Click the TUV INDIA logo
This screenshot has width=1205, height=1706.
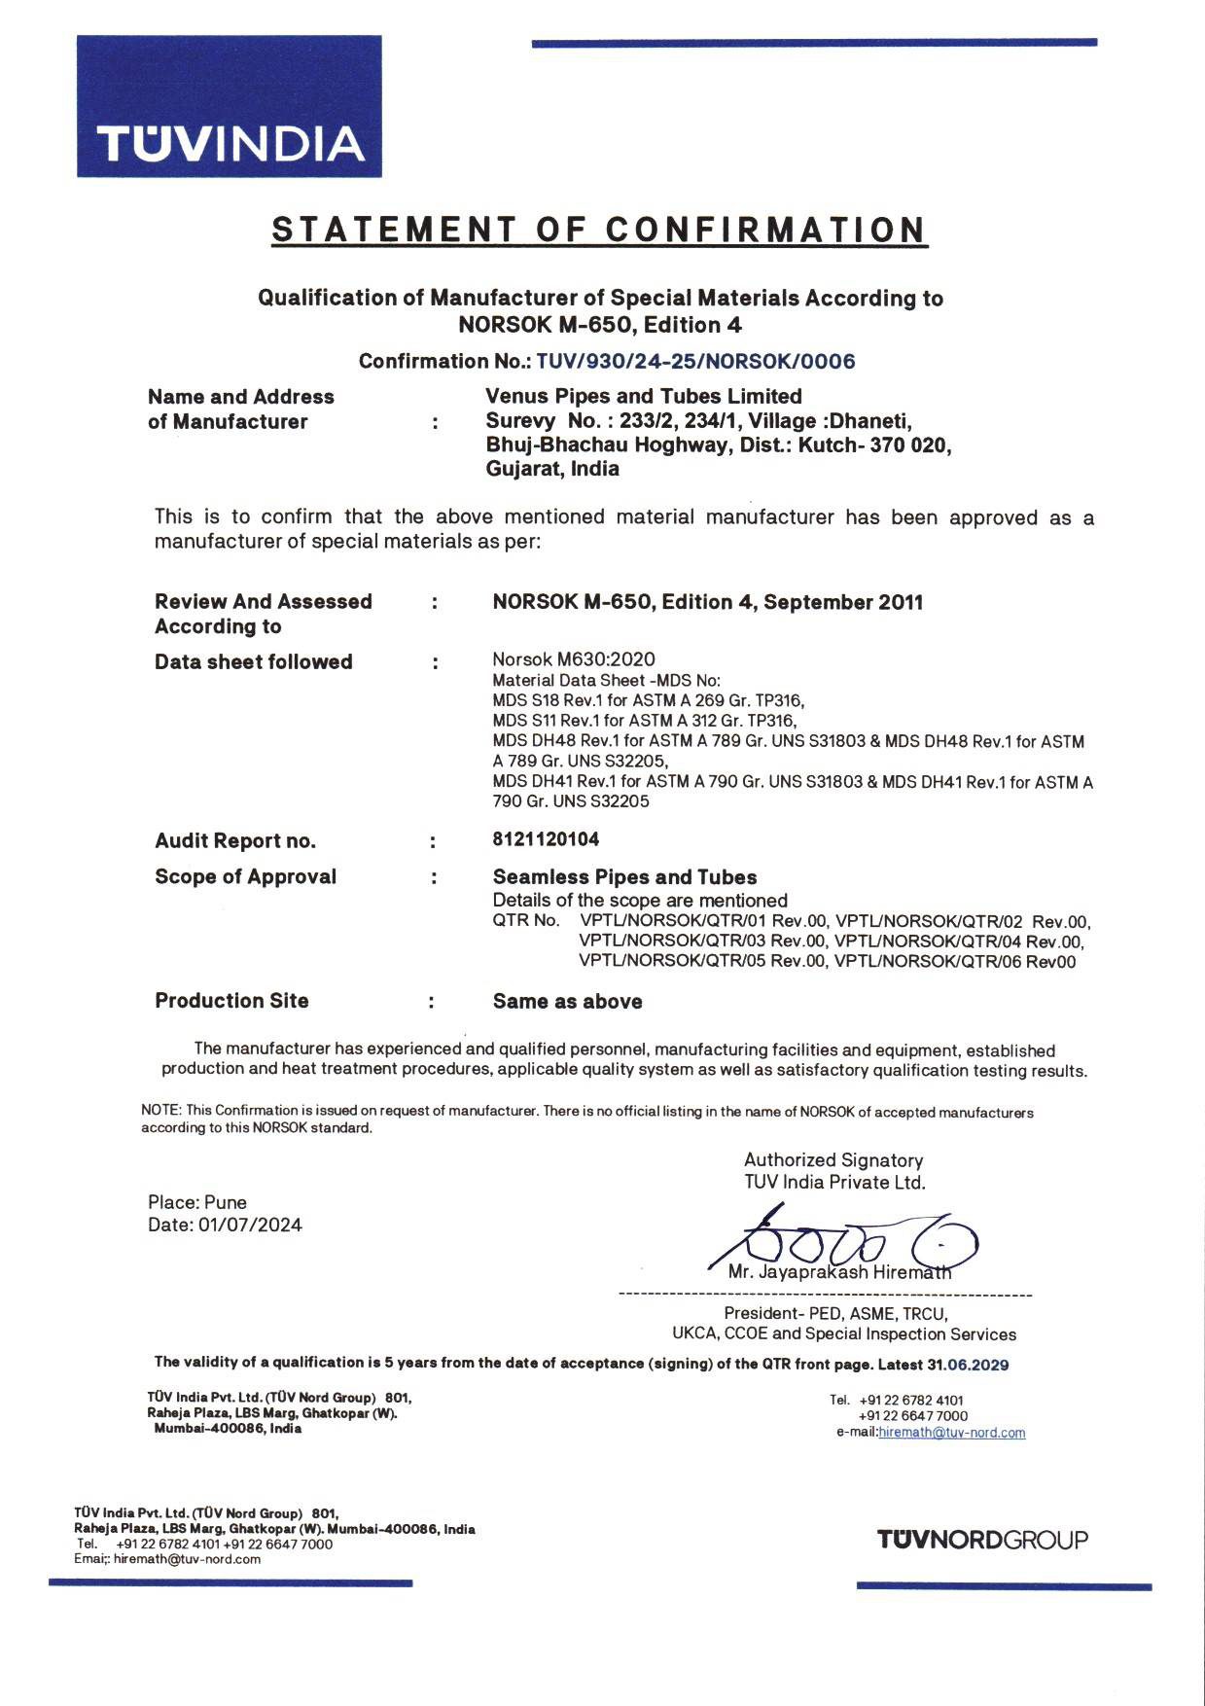(230, 106)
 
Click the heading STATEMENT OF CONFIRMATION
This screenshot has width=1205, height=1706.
(599, 230)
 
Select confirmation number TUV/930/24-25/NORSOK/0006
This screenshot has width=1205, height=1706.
(695, 362)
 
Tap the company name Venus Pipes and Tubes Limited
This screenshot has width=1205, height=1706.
(643, 396)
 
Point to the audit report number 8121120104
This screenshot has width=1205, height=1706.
(546, 839)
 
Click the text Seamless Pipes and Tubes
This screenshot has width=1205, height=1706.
(624, 876)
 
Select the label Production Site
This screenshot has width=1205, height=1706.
(231, 1001)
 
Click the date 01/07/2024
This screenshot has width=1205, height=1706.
(250, 1225)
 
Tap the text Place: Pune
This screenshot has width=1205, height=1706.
(197, 1202)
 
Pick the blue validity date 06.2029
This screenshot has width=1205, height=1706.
(977, 1365)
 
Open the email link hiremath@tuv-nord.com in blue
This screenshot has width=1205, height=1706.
(951, 1433)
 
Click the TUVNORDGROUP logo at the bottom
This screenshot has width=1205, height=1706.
(982, 1540)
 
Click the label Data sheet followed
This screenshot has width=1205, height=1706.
(253, 662)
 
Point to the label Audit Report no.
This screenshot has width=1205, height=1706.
(235, 841)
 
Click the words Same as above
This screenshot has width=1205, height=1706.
(567, 1002)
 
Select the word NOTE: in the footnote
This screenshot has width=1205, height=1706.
(162, 1111)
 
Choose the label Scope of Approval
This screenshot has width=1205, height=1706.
(245, 876)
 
